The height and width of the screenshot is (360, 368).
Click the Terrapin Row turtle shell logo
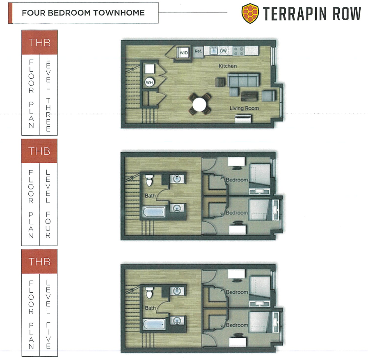tap(250, 14)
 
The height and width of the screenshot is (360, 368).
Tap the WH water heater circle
tap(149, 82)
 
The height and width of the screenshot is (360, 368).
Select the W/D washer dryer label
tap(184, 53)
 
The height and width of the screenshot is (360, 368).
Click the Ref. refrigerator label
tap(198, 51)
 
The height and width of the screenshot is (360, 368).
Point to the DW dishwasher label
tap(223, 51)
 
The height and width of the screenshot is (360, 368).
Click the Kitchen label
tap(228, 66)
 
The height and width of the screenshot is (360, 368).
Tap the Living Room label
tap(244, 108)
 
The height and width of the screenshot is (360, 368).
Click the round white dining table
tap(199, 105)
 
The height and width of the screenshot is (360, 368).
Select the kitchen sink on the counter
tap(214, 51)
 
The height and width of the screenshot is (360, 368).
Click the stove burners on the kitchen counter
tap(239, 51)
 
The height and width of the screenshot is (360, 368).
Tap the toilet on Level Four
tap(149, 180)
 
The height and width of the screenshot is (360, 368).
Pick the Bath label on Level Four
tap(150, 195)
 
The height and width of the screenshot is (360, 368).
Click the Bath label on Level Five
tap(150, 308)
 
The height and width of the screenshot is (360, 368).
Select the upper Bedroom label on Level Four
tap(237, 180)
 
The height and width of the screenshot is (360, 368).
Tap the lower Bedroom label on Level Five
tap(237, 325)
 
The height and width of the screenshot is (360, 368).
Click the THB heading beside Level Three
tap(39, 43)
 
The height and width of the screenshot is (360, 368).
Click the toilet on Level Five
tap(149, 292)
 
